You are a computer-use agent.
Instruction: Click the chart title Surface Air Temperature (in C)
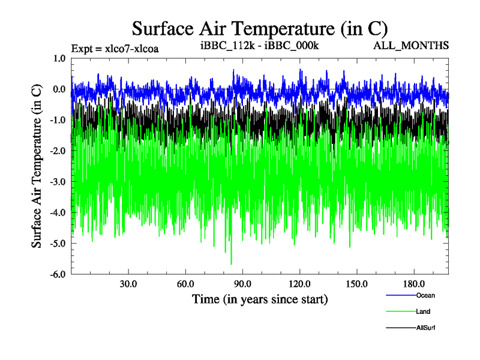click(x=259, y=28)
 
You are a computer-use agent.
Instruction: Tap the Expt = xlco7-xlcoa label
click(x=115, y=47)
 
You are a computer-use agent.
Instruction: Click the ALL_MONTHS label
click(x=411, y=45)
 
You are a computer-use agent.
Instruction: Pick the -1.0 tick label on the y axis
click(x=58, y=121)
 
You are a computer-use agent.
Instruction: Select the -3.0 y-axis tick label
click(x=58, y=182)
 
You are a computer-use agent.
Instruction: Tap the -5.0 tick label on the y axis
click(x=58, y=244)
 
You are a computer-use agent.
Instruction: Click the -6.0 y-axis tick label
click(x=58, y=275)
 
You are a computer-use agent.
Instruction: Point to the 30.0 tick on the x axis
click(x=128, y=284)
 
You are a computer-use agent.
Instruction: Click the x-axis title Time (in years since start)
click(x=260, y=298)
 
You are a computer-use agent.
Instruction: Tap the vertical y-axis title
click(x=37, y=165)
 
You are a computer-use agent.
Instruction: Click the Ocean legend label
click(x=425, y=295)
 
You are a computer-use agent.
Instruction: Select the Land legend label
click(x=423, y=311)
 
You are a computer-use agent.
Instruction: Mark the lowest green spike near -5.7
click(x=231, y=263)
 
